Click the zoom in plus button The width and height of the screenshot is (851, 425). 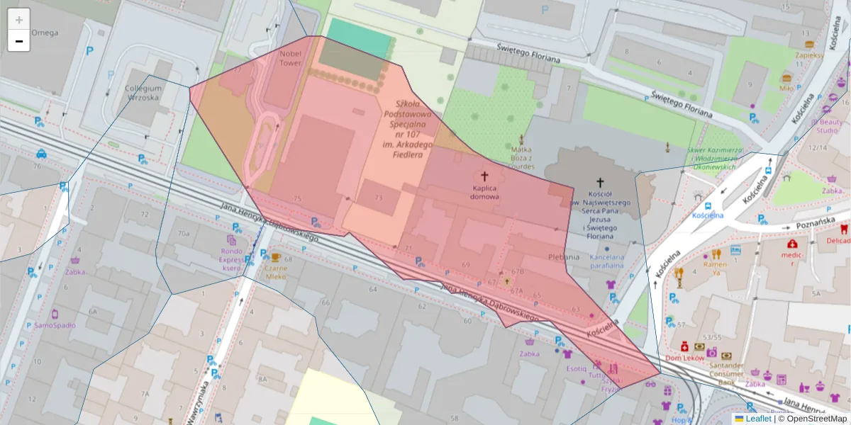[19, 20]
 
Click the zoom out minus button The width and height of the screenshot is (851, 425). [19, 41]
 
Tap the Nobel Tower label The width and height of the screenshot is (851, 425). [291, 57]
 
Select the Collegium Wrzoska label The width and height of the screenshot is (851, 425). [144, 93]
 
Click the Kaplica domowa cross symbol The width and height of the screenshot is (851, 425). [486, 176]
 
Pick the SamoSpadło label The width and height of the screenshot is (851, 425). [55, 325]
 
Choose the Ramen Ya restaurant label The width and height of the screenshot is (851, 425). [716, 268]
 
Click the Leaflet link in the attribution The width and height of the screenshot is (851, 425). [758, 419]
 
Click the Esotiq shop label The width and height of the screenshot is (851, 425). [576, 368]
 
